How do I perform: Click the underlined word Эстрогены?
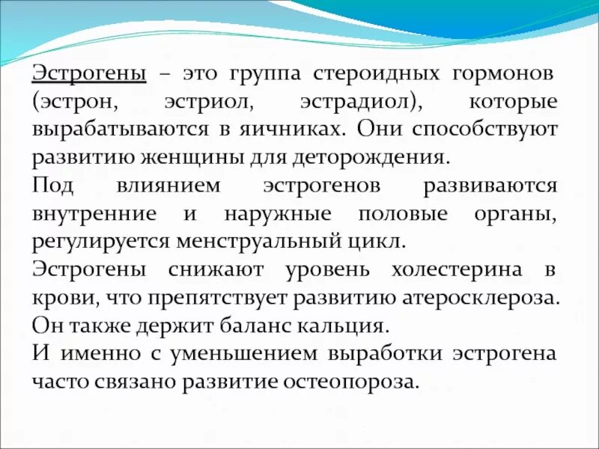pyautogui.click(x=89, y=75)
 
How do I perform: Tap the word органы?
pyautogui.click(x=515, y=214)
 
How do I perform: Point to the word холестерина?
pyautogui.click(x=443, y=269)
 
